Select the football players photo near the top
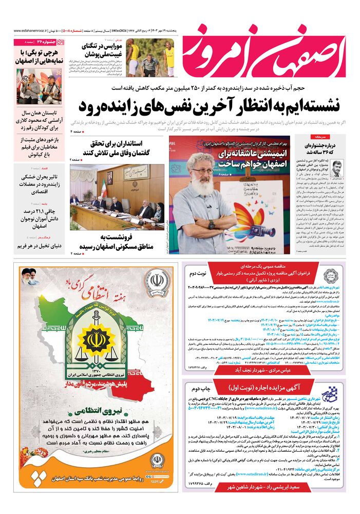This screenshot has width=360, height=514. pos(150,59)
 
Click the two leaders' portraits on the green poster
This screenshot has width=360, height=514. pos(29,277)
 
